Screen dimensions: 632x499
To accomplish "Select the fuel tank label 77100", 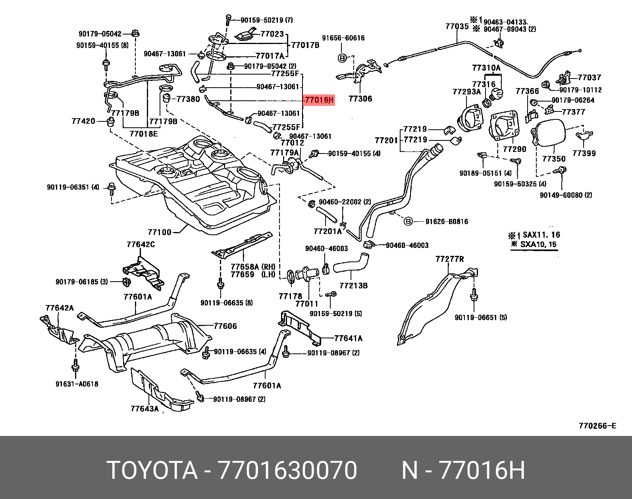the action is (x=160, y=232).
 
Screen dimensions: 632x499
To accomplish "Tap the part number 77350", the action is (x=554, y=159).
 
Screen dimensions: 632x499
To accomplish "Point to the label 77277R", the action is (x=449, y=259).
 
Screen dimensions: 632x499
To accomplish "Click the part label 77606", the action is (x=225, y=326).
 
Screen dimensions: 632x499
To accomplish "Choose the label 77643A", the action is (x=145, y=408).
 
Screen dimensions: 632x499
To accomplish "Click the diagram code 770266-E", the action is (x=597, y=426).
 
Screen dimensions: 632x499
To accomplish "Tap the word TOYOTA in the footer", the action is (x=153, y=471).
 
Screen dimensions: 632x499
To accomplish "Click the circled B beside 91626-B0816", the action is (x=408, y=221).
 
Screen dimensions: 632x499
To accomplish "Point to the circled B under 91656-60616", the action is (x=342, y=58).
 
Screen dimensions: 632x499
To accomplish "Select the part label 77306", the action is (x=360, y=98).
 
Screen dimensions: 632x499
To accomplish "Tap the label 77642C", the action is (x=141, y=244).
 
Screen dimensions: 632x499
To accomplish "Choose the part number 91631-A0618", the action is (x=77, y=384).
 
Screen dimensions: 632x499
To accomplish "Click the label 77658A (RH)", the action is (x=253, y=267).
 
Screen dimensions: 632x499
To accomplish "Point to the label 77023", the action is (x=272, y=34).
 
